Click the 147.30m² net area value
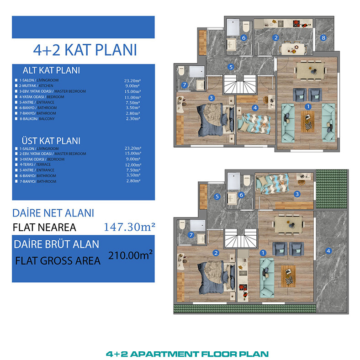click(129, 227)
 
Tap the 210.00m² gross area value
click(130, 255)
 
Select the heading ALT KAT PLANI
click(51, 70)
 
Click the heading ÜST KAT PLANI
click(51, 141)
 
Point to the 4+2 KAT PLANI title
click(85, 50)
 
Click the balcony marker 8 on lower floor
click(323, 37)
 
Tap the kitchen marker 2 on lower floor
click(276, 37)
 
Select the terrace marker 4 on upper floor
click(328, 251)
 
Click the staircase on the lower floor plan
click(240, 84)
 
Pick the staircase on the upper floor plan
click(241, 238)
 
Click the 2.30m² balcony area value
click(133, 119)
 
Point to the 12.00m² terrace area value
click(133, 164)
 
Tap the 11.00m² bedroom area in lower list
click(132, 97)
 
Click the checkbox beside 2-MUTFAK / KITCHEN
click(16, 85)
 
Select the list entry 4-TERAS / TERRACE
click(35, 164)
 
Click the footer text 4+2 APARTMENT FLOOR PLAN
click(187, 354)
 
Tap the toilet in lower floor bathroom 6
click(246, 26)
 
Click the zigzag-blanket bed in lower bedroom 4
click(254, 123)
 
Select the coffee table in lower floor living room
click(307, 122)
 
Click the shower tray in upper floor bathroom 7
click(197, 226)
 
